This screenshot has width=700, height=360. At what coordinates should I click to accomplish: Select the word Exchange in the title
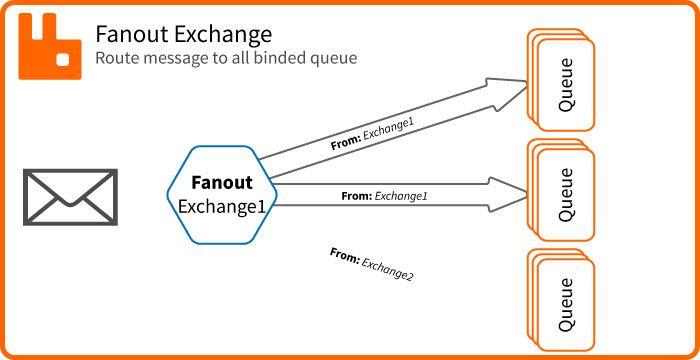(x=221, y=34)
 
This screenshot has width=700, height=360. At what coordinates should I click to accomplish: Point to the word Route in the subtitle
(x=117, y=59)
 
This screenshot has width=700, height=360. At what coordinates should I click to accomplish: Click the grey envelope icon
(x=71, y=196)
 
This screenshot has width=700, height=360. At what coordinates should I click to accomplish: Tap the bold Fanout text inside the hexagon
(x=222, y=184)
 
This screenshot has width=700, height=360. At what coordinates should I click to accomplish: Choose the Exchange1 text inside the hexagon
(x=222, y=206)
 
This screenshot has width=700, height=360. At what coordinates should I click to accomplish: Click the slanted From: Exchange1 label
(x=372, y=134)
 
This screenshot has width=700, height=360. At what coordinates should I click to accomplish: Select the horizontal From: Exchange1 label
(x=384, y=196)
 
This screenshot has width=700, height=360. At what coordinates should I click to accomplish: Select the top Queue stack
(x=561, y=80)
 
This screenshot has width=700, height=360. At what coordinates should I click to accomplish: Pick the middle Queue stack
(x=561, y=193)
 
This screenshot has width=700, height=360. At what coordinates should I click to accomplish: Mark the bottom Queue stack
(x=561, y=299)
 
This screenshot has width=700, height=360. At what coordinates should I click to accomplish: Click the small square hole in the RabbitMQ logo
(x=62, y=60)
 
